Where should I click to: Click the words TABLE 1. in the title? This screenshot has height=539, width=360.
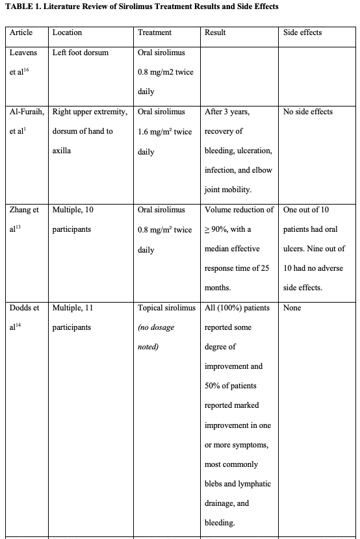tap(24, 7)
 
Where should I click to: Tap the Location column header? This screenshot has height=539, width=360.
tap(67, 32)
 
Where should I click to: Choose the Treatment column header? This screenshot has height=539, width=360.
tap(155, 32)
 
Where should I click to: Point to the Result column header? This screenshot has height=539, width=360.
tap(215, 32)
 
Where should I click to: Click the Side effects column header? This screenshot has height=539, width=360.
tap(302, 32)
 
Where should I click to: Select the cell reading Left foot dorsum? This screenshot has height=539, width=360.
tap(81, 53)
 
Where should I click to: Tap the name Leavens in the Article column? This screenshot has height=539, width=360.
tap(23, 53)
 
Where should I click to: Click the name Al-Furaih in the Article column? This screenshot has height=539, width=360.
tap(27, 112)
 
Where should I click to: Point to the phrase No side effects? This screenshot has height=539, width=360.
tap(308, 112)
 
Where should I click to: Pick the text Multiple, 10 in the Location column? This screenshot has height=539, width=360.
tap(73, 210)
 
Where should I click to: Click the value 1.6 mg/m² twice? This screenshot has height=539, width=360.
tap(164, 132)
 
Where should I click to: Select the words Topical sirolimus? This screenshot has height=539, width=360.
tap(166, 308)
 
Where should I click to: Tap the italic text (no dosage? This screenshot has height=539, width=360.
tap(156, 327)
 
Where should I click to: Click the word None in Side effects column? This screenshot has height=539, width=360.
tap(292, 308)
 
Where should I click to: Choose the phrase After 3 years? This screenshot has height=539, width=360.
tap(227, 112)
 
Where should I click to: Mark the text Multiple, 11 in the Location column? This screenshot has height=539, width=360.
tap(73, 308)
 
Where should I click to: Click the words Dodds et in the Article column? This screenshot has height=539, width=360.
tap(25, 308)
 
